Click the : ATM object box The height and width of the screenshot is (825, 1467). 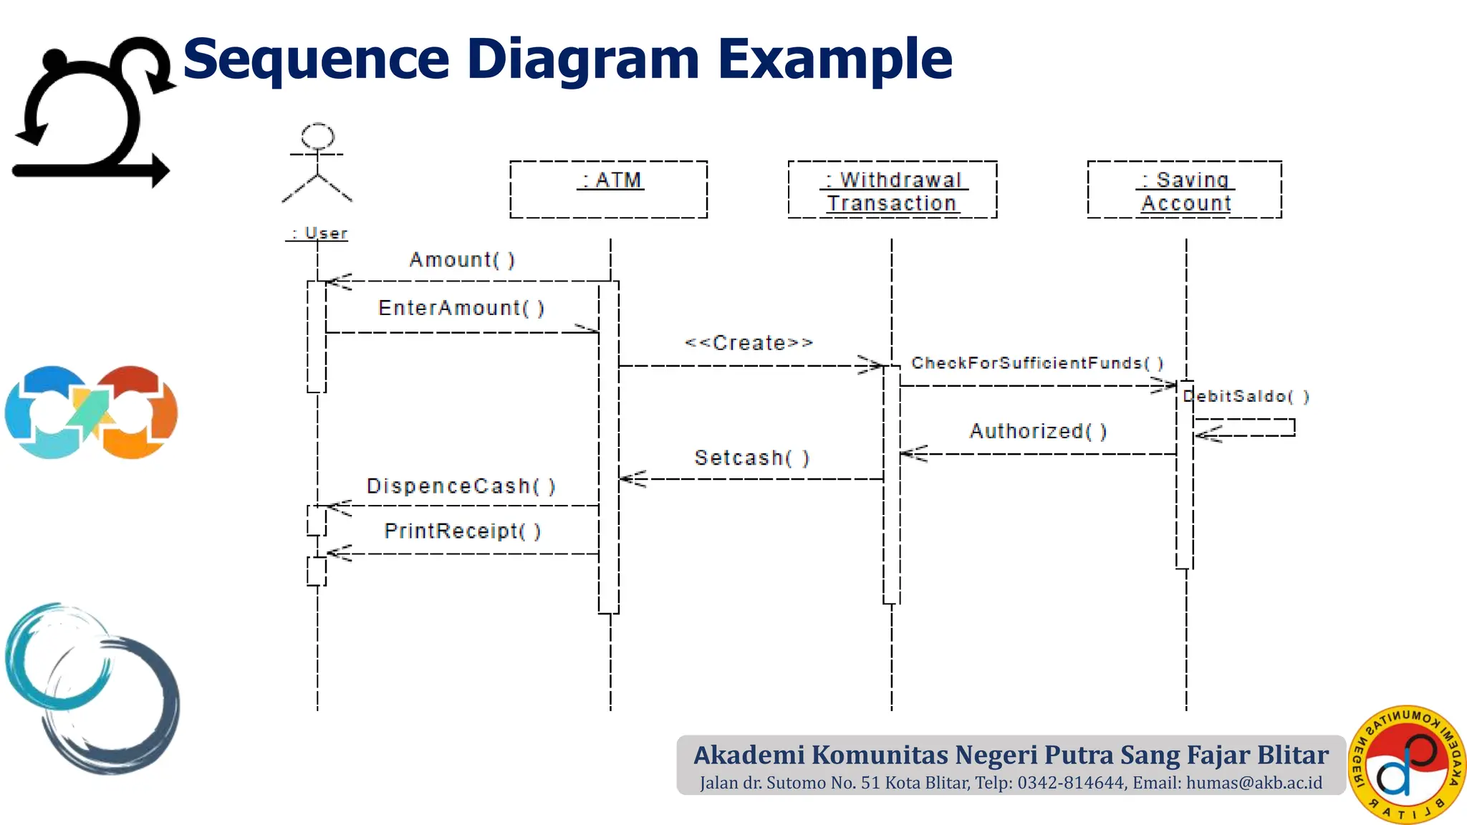pos(608,189)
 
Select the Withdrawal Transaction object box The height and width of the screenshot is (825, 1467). pos(892,190)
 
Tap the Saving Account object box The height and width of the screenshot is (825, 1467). pos(1184,190)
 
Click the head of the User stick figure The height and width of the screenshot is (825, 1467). pos(317,135)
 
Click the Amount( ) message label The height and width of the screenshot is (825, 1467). pos(462,259)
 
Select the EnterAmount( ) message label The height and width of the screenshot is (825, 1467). pos(461,308)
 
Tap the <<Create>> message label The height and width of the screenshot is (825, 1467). pos(749,343)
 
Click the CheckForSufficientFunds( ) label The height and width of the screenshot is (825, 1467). pos(1037,363)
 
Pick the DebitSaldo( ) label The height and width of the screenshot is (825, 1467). pos(1247,396)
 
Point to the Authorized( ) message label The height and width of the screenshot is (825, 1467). pos(1038,431)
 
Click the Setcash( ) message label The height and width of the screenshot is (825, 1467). pos(751,458)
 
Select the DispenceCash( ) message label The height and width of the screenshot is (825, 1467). pos(461,486)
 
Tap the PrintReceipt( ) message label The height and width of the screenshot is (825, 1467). pos(463,531)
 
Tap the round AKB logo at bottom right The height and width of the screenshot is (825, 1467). pos(1406,764)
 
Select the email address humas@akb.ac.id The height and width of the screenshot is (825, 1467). pos(1254,783)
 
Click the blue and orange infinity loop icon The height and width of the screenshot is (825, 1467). pos(91,412)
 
